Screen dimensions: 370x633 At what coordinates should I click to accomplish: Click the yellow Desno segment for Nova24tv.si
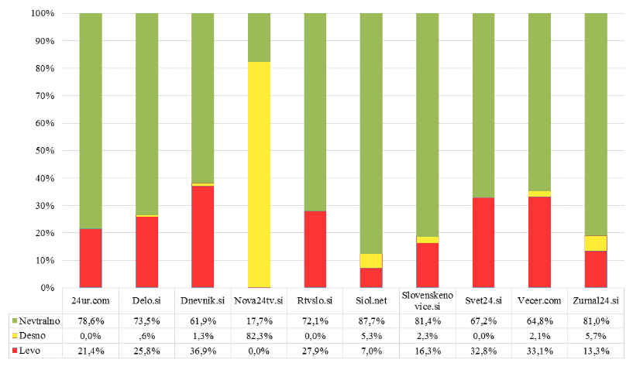(x=259, y=174)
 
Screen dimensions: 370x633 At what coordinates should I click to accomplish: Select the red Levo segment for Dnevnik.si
(x=202, y=236)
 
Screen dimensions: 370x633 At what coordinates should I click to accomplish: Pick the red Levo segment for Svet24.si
(x=483, y=242)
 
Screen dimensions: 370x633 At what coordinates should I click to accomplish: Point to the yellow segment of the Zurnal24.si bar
(x=596, y=243)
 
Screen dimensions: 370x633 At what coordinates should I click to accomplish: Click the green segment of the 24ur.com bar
(x=91, y=121)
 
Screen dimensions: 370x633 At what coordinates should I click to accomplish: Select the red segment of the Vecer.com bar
(x=539, y=242)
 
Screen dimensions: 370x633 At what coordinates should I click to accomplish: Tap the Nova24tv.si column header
(x=259, y=300)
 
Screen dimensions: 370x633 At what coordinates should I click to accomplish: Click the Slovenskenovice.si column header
(x=427, y=300)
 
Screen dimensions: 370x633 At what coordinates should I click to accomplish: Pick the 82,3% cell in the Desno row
(x=259, y=335)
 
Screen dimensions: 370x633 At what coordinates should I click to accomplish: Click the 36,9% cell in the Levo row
(x=202, y=351)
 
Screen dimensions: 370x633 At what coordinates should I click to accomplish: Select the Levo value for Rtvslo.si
(x=315, y=351)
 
